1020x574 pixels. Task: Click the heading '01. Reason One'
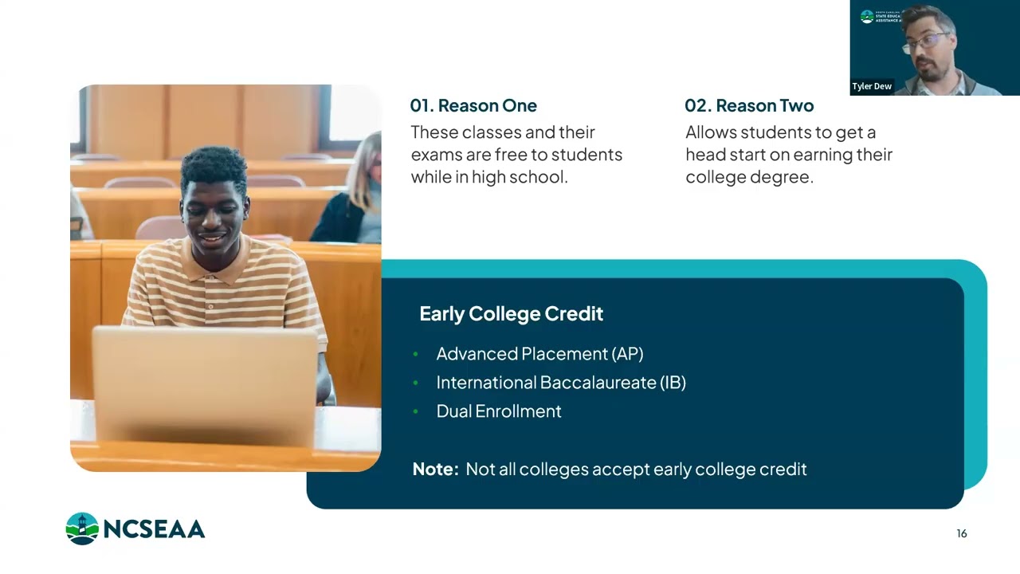pyautogui.click(x=473, y=106)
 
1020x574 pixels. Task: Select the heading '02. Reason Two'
pyautogui.click(x=749, y=106)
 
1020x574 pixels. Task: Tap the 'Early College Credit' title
pyautogui.click(x=511, y=314)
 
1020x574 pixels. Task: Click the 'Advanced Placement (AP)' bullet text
pyautogui.click(x=539, y=354)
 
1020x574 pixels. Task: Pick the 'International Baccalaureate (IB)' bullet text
pyautogui.click(x=561, y=383)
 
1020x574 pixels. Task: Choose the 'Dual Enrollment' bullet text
pyautogui.click(x=499, y=411)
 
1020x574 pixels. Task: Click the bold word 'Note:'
pyautogui.click(x=435, y=470)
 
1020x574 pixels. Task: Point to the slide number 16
pyautogui.click(x=962, y=534)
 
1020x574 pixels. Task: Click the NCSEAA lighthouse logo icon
pyautogui.click(x=82, y=529)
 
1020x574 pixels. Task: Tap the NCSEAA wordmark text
pyautogui.click(x=153, y=529)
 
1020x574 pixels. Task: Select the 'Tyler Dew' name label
pyautogui.click(x=872, y=86)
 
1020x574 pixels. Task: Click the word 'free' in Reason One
pyautogui.click(x=511, y=155)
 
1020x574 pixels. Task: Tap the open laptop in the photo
pyautogui.click(x=205, y=383)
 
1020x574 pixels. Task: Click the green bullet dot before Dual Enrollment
pyautogui.click(x=415, y=411)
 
